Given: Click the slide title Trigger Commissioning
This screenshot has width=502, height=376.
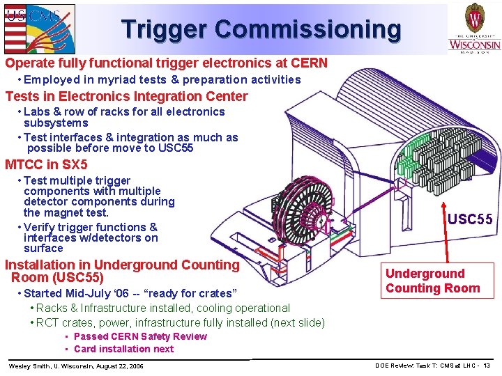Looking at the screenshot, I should pyautogui.click(x=261, y=29).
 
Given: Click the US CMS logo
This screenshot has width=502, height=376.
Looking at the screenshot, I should pyautogui.click(x=38, y=27).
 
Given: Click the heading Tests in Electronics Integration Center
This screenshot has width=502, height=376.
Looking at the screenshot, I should pyautogui.click(x=126, y=96).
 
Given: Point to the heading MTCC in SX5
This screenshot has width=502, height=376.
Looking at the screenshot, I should pyautogui.click(x=46, y=165).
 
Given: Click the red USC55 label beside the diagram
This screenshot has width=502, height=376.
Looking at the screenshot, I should pyautogui.click(x=470, y=220).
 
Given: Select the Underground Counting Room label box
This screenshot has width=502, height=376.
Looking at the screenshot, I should pyautogui.click(x=433, y=281).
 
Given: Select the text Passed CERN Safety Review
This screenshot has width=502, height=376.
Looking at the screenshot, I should pyautogui.click(x=140, y=336).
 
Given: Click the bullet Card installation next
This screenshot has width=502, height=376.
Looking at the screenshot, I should pyautogui.click(x=123, y=349).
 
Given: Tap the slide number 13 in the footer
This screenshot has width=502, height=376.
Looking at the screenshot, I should pyautogui.click(x=486, y=366).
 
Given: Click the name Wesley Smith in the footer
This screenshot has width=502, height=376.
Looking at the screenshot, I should pyautogui.click(x=27, y=366).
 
